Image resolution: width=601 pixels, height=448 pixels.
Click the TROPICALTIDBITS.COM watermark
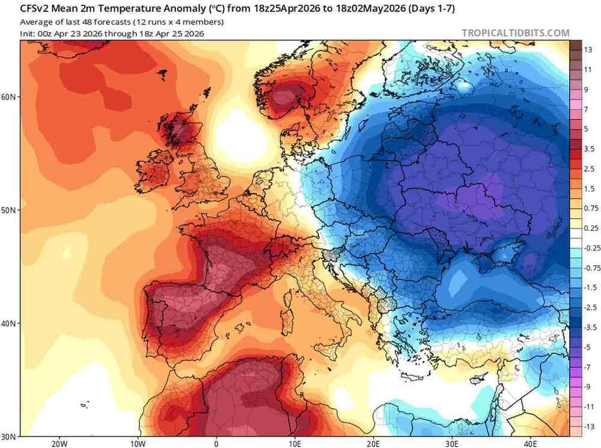[515, 33]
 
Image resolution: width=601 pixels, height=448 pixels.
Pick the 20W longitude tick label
[58, 444]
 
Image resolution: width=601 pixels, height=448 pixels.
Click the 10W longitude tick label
[137, 444]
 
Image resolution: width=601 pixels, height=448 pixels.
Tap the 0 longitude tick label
[216, 444]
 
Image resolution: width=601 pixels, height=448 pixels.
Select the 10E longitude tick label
[294, 444]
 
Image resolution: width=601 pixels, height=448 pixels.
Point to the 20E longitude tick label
[373, 444]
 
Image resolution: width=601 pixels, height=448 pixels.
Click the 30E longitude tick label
[452, 444]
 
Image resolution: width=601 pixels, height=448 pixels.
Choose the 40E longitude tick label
[531, 444]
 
